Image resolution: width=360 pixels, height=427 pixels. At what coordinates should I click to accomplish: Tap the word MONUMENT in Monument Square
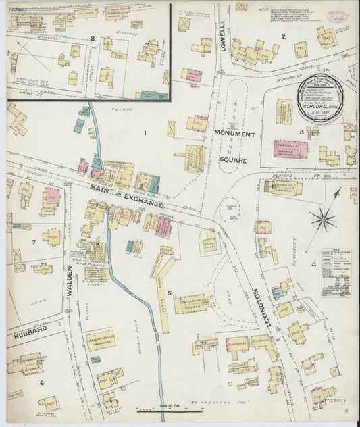coord(234,134)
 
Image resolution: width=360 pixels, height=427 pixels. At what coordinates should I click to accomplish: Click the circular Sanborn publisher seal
coord(322,97)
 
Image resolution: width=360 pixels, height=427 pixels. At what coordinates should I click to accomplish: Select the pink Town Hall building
coord(290,149)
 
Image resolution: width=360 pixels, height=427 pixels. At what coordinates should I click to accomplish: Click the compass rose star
coord(324,218)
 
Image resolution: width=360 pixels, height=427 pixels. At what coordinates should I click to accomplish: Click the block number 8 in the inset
coord(92,39)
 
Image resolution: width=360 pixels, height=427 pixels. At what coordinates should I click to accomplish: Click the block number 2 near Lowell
coord(284,37)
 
